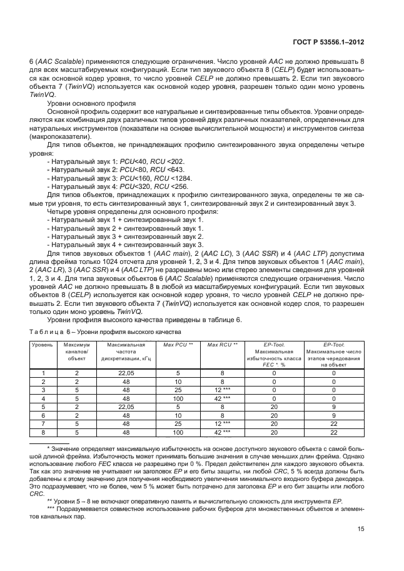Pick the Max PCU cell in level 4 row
(178, 398)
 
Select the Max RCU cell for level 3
(222, 389)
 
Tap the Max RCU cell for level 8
(222, 433)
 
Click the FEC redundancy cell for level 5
(274, 407)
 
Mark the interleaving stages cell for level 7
(334, 424)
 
